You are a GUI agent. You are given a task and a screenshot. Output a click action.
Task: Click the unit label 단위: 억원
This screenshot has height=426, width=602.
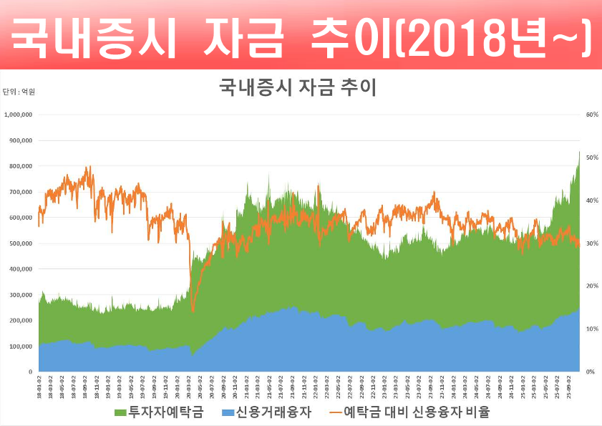19,92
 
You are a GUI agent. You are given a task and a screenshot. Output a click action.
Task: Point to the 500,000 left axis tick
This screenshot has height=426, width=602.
21,243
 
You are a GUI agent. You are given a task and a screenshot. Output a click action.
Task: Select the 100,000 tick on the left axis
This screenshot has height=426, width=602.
21,347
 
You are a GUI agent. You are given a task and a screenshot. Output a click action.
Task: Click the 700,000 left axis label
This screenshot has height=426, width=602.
21,192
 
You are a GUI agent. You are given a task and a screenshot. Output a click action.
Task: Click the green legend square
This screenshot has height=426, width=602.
120,413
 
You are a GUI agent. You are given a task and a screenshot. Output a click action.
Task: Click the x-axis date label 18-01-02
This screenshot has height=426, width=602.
39,386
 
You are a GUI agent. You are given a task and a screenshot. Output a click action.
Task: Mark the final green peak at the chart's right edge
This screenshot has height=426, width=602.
579,153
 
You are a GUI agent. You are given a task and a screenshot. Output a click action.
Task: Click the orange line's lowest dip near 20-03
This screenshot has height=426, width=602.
193,309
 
